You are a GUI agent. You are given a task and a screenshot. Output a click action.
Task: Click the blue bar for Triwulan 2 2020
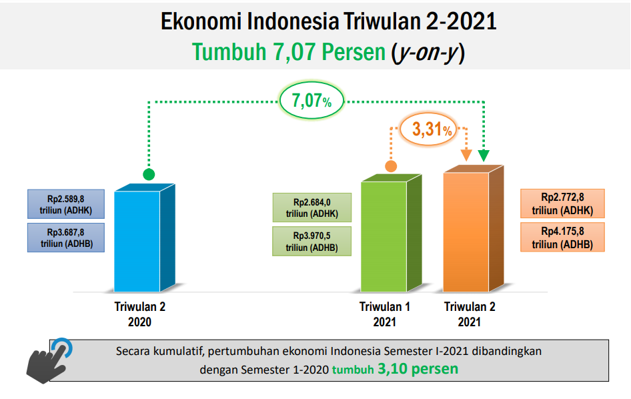click(144, 238)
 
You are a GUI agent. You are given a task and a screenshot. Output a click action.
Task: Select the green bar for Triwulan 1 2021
click(390, 233)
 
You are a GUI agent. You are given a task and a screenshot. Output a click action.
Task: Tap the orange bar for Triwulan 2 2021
click(473, 229)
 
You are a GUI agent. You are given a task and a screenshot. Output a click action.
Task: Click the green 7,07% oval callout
click(312, 101)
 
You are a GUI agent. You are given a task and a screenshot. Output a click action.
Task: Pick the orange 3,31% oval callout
click(428, 129)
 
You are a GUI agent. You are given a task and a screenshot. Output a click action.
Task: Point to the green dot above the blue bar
click(149, 174)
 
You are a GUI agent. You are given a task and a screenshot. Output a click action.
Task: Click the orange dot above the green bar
click(391, 166)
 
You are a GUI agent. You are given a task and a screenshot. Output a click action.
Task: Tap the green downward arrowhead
click(484, 155)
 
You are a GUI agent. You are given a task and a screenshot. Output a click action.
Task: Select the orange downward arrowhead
click(466, 155)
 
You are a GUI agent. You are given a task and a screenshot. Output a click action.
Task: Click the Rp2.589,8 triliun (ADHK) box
click(66, 204)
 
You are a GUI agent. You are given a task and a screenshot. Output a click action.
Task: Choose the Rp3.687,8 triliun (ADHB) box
click(66, 238)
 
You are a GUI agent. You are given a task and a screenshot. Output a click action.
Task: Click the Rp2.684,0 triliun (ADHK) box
click(312, 208)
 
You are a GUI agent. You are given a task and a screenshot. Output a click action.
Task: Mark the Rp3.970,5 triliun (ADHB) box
click(312, 241)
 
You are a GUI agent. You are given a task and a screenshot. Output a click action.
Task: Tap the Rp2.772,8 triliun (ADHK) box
click(562, 204)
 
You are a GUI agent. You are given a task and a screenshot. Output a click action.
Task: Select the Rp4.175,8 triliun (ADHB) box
click(562, 237)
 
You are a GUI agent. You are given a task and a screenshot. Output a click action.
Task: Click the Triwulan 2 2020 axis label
click(139, 314)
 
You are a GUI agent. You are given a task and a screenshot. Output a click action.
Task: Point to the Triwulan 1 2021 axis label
click(385, 314)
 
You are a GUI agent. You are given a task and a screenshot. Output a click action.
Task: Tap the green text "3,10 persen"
click(418, 369)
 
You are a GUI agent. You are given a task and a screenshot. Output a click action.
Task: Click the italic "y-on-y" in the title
click(428, 53)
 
